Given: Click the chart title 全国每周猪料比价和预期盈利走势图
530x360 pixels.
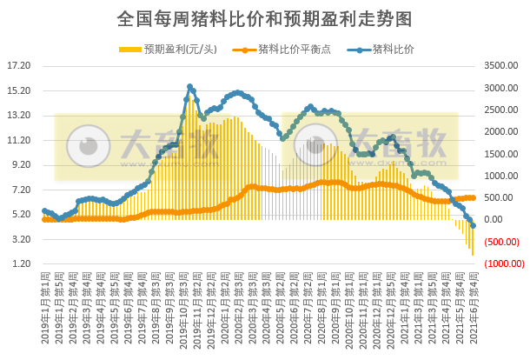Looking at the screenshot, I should tap(264, 18).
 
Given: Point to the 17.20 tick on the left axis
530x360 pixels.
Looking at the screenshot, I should tap(18, 65).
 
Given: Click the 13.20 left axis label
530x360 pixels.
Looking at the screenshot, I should tap(18, 115).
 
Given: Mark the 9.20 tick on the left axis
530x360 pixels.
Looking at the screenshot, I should tap(20, 164).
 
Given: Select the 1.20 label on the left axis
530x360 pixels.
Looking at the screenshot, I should tap(20, 263).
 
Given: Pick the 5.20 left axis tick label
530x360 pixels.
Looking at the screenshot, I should tap(20, 214).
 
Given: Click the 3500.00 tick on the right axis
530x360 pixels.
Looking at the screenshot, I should tap(499, 65).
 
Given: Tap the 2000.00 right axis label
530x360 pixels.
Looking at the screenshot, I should tap(499, 131).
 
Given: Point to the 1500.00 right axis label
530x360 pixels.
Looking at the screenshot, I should tap(499, 154).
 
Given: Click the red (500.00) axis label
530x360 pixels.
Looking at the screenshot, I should tap(499, 242).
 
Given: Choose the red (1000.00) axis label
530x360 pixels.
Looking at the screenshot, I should tap(499, 263).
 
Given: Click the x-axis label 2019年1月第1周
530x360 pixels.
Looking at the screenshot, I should tap(45, 304).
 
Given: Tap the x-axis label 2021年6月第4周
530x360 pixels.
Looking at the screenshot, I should tap(474, 304).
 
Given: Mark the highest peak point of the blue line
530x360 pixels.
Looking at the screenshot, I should tap(189, 87).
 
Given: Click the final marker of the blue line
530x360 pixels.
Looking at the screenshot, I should tap(473, 225).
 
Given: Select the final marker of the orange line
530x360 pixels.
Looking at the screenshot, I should tap(473, 197).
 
